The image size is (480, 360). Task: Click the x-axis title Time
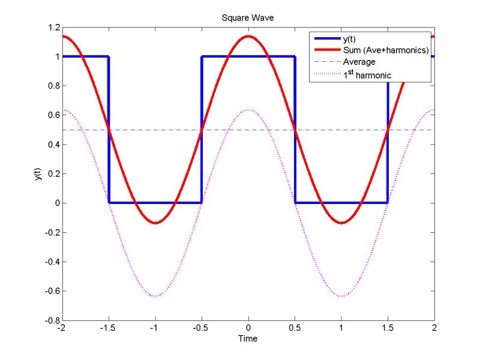248,338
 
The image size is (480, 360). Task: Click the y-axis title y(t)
38,174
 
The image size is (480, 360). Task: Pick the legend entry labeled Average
359,62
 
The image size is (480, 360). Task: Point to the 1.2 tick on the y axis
51,28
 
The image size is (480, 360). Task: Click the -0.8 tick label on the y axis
49,320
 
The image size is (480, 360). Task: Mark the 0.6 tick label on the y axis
51,115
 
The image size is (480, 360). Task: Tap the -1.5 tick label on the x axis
109,328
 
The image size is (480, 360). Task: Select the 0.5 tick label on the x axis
295,328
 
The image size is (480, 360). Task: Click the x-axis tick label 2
434,328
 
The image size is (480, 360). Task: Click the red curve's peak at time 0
248,36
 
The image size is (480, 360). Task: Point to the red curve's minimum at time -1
155,223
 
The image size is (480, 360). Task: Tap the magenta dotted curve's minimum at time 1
341,296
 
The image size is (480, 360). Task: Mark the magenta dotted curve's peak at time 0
248,109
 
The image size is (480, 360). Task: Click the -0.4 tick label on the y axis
49,262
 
